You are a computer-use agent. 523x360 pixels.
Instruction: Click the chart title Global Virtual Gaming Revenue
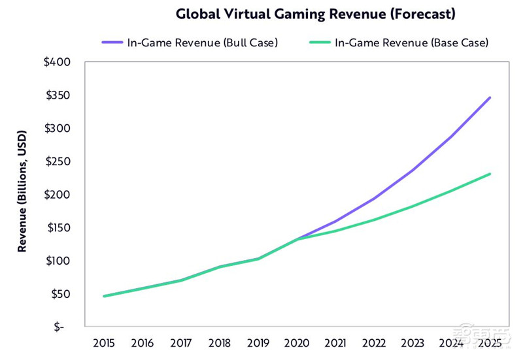316,14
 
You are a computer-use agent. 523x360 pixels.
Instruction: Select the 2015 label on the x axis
105,343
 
